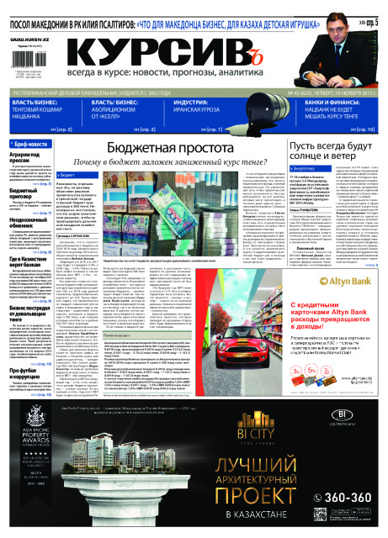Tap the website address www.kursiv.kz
tap(28, 39)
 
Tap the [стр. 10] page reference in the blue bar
tap(361, 130)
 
